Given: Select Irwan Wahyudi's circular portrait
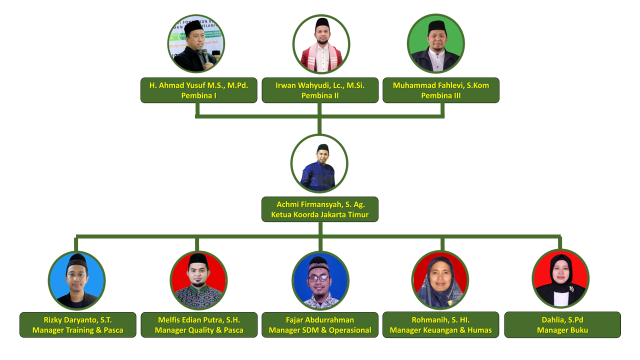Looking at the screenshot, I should coord(321,44).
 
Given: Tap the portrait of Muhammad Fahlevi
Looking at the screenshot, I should coord(436,44).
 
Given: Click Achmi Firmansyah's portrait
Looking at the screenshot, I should coord(319,163).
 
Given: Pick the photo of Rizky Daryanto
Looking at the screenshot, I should coord(76,280).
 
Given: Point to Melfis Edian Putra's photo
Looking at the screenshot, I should coord(198,280).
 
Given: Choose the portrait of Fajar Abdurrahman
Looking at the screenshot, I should coord(320,280).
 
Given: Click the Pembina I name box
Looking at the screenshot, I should coord(199,90).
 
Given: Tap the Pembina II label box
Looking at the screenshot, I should coord(320,90).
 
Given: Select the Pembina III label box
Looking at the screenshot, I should coord(441,90).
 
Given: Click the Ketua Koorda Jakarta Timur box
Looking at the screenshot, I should coord(320,209).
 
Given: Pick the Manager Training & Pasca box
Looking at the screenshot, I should coord(78,325).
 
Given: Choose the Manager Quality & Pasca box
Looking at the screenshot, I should coord(199,325).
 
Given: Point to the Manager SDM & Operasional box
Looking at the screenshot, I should coord(320,325).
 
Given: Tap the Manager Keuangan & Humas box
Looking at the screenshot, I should coord(441,325).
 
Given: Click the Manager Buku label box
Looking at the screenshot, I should coord(562,325).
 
